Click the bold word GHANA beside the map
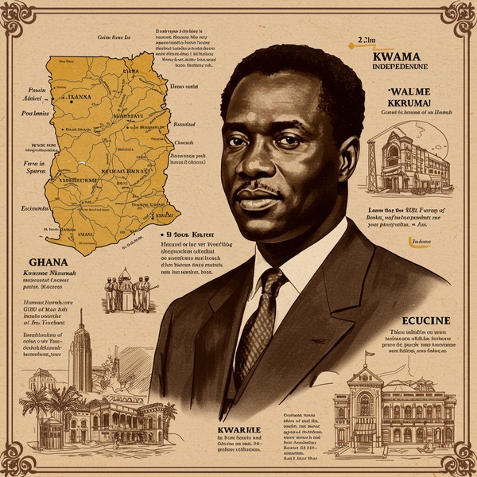click(47, 262)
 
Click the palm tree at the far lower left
click(37, 397)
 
